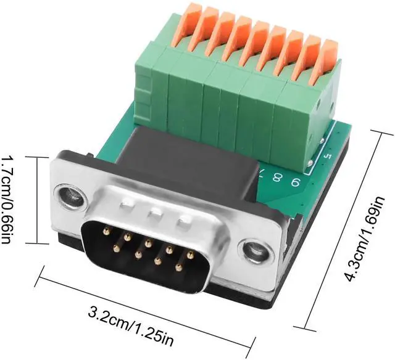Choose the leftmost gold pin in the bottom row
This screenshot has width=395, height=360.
116,248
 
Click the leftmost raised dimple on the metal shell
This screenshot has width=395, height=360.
127,205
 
